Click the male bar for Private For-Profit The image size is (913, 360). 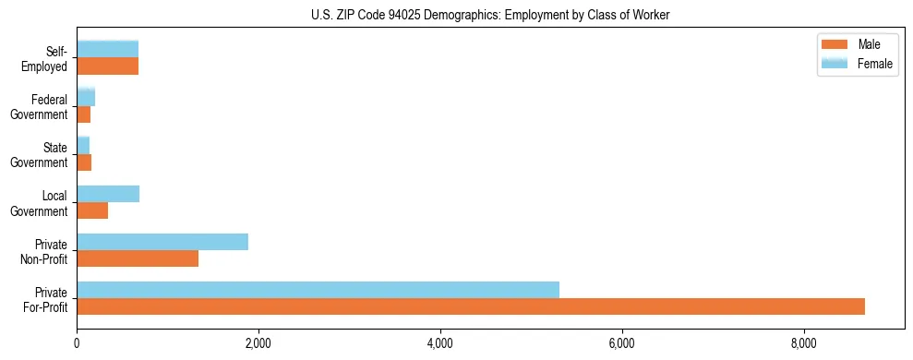tap(471, 306)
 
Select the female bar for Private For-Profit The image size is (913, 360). tap(318, 290)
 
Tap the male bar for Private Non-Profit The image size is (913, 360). tap(138, 258)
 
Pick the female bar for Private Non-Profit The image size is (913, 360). tap(162, 242)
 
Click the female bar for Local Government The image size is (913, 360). tap(108, 194)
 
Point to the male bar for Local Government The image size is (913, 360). tap(92, 210)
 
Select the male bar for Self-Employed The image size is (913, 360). tap(107, 66)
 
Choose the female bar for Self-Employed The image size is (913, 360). tap(107, 49)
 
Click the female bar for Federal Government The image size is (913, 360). tap(86, 97)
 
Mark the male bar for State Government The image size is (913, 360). tap(84, 162)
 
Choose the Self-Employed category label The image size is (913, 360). tap(50, 59)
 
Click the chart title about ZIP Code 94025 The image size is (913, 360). tap(490, 15)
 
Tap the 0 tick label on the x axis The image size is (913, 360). tap(77, 343)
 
